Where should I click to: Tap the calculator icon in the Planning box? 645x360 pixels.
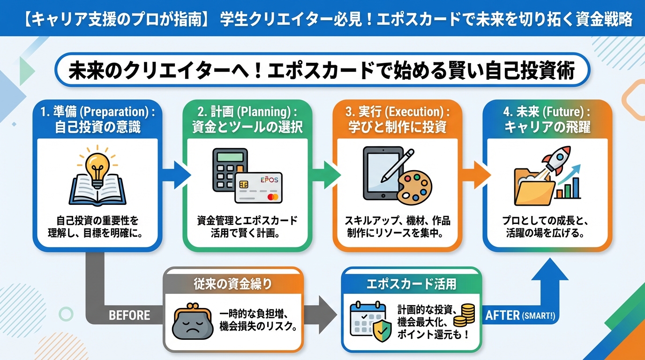229,170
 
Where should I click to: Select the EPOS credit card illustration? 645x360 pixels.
259,187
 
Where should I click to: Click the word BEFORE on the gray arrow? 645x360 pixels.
129,315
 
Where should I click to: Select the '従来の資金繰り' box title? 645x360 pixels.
232,284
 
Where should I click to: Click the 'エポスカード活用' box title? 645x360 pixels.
411,284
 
